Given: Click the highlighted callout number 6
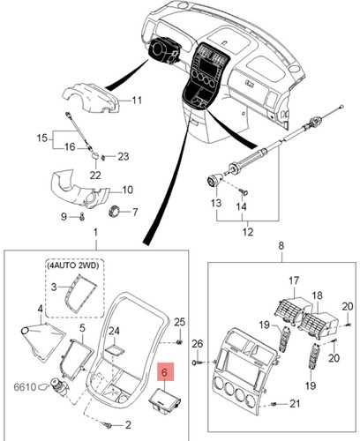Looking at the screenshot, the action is [166, 372].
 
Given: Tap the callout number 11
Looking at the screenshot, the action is [137, 101].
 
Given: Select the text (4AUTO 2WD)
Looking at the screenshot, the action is [72, 265].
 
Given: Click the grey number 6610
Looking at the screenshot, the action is [25, 387].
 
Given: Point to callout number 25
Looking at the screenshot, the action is [180, 322].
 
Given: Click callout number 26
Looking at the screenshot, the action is [198, 343].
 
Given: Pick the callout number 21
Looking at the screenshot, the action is [295, 404].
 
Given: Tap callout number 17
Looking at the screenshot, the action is [294, 280].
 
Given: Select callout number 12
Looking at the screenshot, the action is [248, 232].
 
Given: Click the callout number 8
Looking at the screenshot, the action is [281, 245].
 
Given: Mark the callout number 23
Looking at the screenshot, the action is [124, 156].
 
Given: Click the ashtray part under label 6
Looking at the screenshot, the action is [166, 402].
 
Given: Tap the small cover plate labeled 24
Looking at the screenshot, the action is [116, 350].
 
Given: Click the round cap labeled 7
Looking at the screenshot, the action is [115, 211].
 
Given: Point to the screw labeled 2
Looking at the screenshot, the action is [107, 424].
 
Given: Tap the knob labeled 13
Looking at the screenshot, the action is [214, 180].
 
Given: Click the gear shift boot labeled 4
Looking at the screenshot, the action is [41, 340].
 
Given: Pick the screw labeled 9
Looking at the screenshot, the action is [82, 217].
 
